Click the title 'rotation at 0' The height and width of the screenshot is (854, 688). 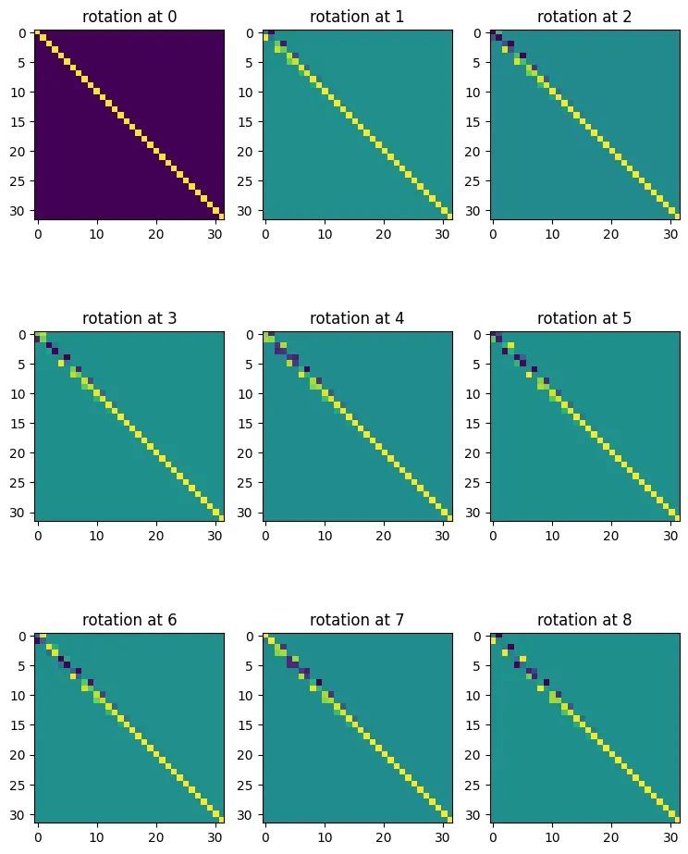tap(129, 17)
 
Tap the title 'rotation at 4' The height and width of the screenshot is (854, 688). tap(357, 318)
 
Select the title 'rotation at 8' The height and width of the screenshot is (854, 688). tap(584, 620)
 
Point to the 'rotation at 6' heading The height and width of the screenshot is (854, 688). tap(129, 620)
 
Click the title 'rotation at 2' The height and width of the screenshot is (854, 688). tap(584, 17)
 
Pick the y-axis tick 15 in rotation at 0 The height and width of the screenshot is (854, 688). tap(18, 122)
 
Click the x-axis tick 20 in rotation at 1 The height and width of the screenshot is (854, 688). tap(384, 234)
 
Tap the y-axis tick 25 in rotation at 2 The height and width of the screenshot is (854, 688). tap(473, 180)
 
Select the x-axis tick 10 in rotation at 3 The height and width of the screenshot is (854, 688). tap(97, 536)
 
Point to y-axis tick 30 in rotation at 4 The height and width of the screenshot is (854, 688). tap(245, 513)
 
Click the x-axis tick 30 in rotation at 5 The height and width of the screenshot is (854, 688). tap(670, 536)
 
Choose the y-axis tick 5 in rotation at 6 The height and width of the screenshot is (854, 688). tap(22, 666)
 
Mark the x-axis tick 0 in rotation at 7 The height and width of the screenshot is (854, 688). tap(265, 837)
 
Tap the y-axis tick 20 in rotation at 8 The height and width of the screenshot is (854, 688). tap(473, 755)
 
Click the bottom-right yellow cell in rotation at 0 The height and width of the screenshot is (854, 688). tap(222, 217)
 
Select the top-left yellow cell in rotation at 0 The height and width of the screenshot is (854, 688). tap(38, 32)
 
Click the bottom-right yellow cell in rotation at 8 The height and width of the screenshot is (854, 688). tap(677, 819)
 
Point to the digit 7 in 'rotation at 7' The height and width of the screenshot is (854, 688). tap(399, 620)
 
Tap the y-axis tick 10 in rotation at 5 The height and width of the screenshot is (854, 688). tap(473, 394)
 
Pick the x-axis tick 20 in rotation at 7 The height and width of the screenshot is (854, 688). tap(384, 837)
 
